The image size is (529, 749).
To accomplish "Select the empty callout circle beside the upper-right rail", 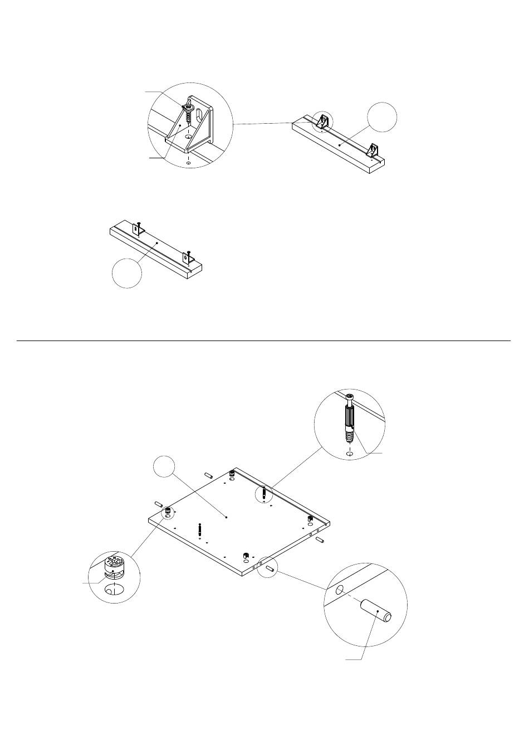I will (382, 118).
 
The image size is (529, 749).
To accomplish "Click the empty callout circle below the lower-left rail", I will (126, 273).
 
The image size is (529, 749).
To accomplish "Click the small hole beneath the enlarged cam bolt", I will (350, 454).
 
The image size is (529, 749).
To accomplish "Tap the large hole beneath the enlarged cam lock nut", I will (115, 590).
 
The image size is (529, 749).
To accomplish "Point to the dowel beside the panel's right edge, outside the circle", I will (320, 541).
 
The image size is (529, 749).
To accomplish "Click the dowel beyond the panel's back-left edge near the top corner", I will (209, 475).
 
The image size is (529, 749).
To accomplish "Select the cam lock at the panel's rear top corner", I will (232, 474).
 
